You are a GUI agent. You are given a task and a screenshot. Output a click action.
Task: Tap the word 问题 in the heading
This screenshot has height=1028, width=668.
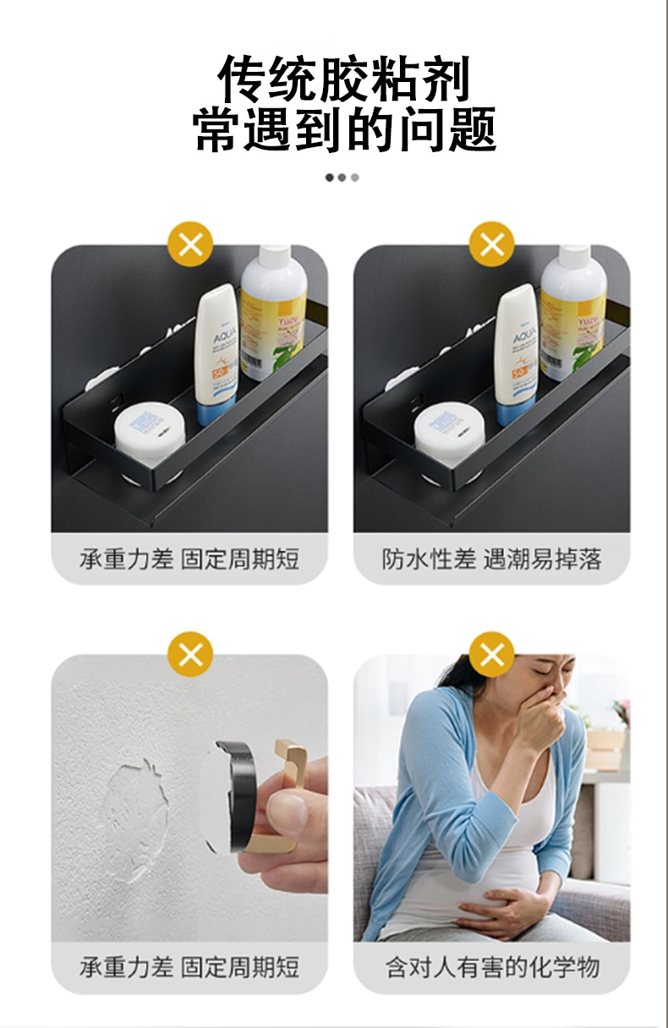click(x=445, y=132)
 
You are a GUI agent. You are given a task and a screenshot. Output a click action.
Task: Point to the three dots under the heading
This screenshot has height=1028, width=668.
click(x=342, y=178)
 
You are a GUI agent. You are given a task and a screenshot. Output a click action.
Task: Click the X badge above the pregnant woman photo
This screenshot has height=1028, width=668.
click(x=491, y=653)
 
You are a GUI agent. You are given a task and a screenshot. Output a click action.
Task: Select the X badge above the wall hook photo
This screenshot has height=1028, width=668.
click(x=190, y=653)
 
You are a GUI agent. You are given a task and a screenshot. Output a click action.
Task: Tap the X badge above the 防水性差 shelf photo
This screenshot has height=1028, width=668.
click(x=491, y=245)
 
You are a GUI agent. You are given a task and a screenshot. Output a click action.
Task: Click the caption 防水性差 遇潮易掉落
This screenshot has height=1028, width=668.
click(x=491, y=559)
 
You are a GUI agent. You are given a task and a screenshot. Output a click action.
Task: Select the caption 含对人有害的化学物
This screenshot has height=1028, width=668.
click(x=491, y=967)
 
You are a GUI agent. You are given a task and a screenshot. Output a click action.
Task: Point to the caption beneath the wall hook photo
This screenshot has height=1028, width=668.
click(x=189, y=967)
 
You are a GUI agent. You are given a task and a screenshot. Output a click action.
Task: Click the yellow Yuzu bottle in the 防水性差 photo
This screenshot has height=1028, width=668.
click(x=572, y=313)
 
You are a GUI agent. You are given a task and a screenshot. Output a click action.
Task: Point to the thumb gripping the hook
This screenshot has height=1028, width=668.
click(x=287, y=812)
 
